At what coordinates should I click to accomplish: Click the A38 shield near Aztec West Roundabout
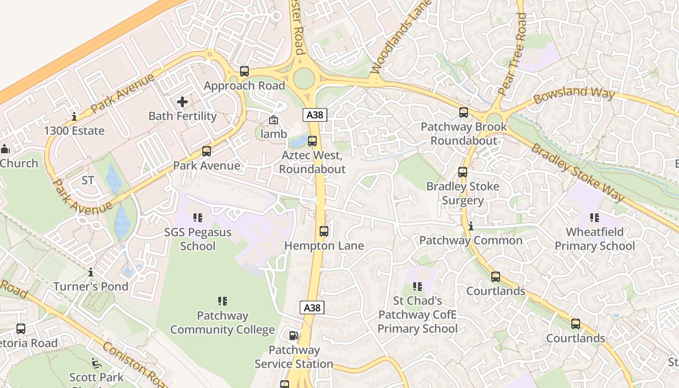pyautogui.click(x=315, y=115)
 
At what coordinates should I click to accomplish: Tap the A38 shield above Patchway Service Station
pyautogui.click(x=312, y=307)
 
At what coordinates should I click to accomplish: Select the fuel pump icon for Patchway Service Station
pyautogui.click(x=293, y=336)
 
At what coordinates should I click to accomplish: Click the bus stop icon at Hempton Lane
pyautogui.click(x=324, y=231)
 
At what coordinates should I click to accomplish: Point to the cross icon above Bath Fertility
pyautogui.click(x=182, y=102)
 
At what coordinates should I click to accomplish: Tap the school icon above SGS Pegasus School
pyautogui.click(x=197, y=218)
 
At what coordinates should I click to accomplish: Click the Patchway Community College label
pyautogui.click(x=223, y=323)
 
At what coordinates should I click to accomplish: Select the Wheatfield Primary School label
pyautogui.click(x=595, y=239)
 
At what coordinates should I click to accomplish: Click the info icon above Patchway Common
pyautogui.click(x=470, y=226)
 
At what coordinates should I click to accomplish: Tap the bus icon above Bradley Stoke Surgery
pyautogui.click(x=463, y=172)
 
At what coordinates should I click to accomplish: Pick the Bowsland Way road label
pyautogui.click(x=574, y=95)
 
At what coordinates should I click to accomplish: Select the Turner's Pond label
pyautogui.click(x=91, y=286)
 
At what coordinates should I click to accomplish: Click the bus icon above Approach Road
pyautogui.click(x=244, y=71)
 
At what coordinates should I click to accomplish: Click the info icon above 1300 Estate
pyautogui.click(x=74, y=116)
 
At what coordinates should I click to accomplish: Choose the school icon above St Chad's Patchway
pyautogui.click(x=417, y=287)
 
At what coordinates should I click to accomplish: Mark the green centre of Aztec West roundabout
pyautogui.click(x=304, y=79)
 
